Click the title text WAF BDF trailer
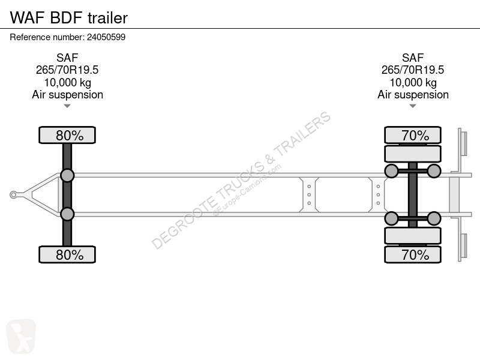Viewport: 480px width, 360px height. pos(69,18)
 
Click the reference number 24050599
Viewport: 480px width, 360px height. pos(106,37)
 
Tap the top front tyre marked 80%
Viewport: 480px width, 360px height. pos(67,135)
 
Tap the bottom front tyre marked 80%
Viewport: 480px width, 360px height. pos(67,254)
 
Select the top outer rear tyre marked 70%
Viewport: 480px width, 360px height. pos(413,135)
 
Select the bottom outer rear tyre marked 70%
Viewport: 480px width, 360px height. pos(413,254)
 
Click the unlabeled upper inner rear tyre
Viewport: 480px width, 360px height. pos(413,154)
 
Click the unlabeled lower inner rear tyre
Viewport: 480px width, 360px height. pos(413,235)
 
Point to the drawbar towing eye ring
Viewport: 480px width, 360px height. pos(13,194)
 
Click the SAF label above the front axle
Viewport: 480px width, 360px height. pos(67,58)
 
